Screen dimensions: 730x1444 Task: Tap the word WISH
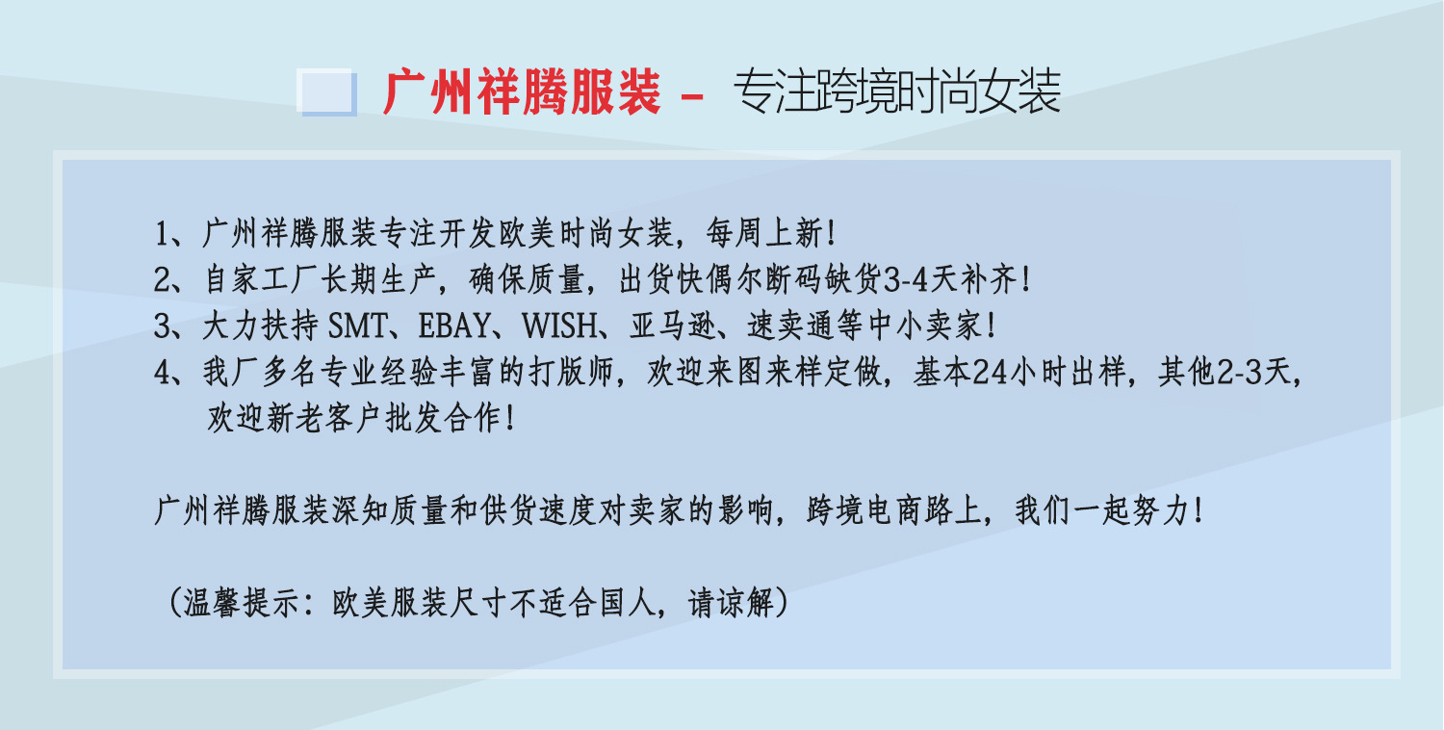[x=558, y=326]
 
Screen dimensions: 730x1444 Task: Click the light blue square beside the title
[x=327, y=93]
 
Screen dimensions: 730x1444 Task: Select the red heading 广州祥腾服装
[x=522, y=93]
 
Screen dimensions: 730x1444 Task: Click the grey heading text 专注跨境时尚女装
[x=896, y=93]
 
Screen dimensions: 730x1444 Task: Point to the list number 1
[x=162, y=233]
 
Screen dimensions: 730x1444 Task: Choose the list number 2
[x=162, y=280]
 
